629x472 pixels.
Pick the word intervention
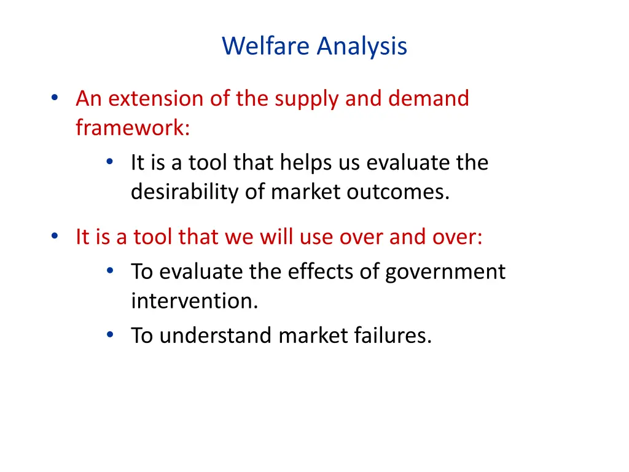pyautogui.click(x=194, y=301)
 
